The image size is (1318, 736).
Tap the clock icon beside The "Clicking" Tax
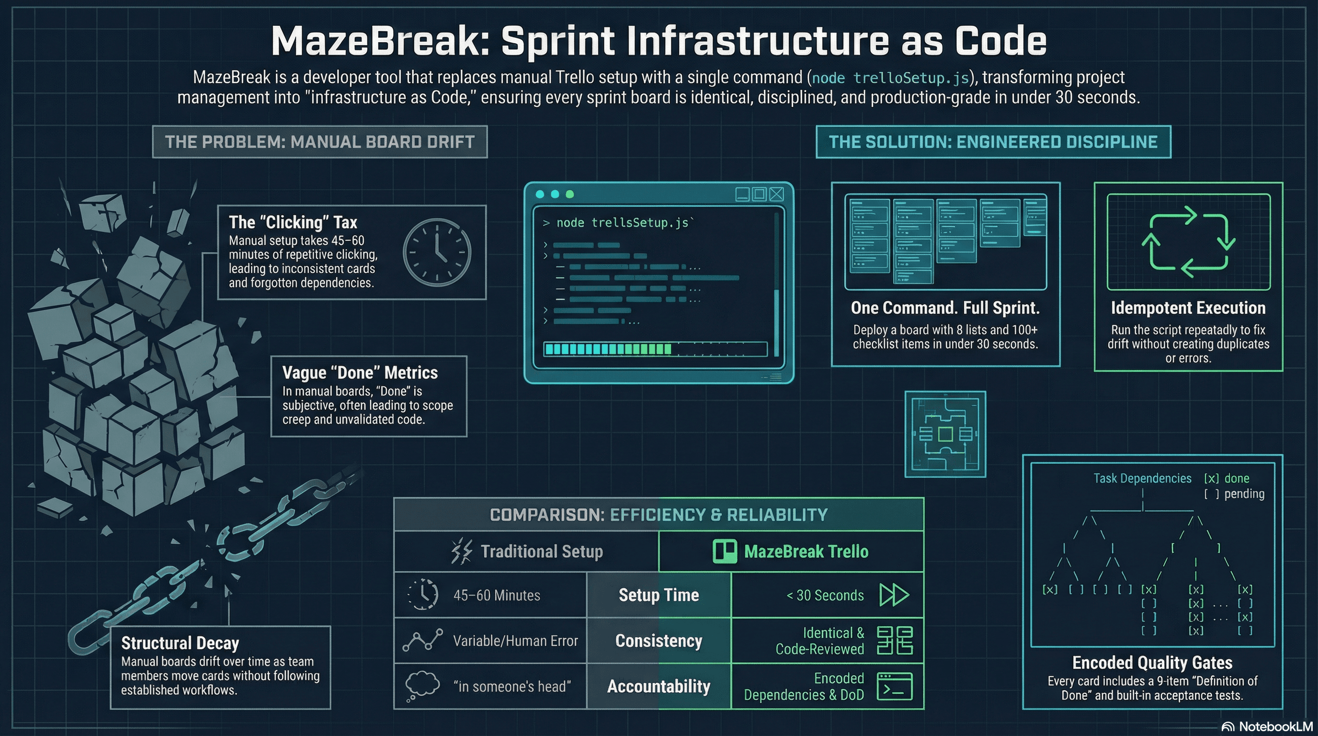(437, 252)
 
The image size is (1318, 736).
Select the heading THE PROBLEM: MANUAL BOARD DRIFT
(320, 142)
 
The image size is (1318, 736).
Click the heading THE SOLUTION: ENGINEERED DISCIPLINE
(993, 142)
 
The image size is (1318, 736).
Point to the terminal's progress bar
(655, 349)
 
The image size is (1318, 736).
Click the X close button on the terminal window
(777, 194)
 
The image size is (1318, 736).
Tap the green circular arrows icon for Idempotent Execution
(1188, 241)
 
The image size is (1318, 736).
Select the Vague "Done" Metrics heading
(360, 373)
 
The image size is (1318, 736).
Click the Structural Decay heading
(180, 643)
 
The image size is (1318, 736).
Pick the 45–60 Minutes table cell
(496, 595)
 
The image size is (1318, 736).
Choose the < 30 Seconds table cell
(825, 595)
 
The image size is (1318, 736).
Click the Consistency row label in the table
(659, 641)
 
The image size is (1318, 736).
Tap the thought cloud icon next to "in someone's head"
(422, 685)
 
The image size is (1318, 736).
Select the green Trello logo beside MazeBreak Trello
(725, 551)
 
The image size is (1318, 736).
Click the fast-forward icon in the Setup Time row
(894, 595)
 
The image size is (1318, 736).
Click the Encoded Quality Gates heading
(1152, 663)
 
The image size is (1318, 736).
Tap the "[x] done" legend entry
(1227, 479)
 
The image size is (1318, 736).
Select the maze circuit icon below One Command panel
(945, 434)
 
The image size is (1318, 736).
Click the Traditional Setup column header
(541, 551)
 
